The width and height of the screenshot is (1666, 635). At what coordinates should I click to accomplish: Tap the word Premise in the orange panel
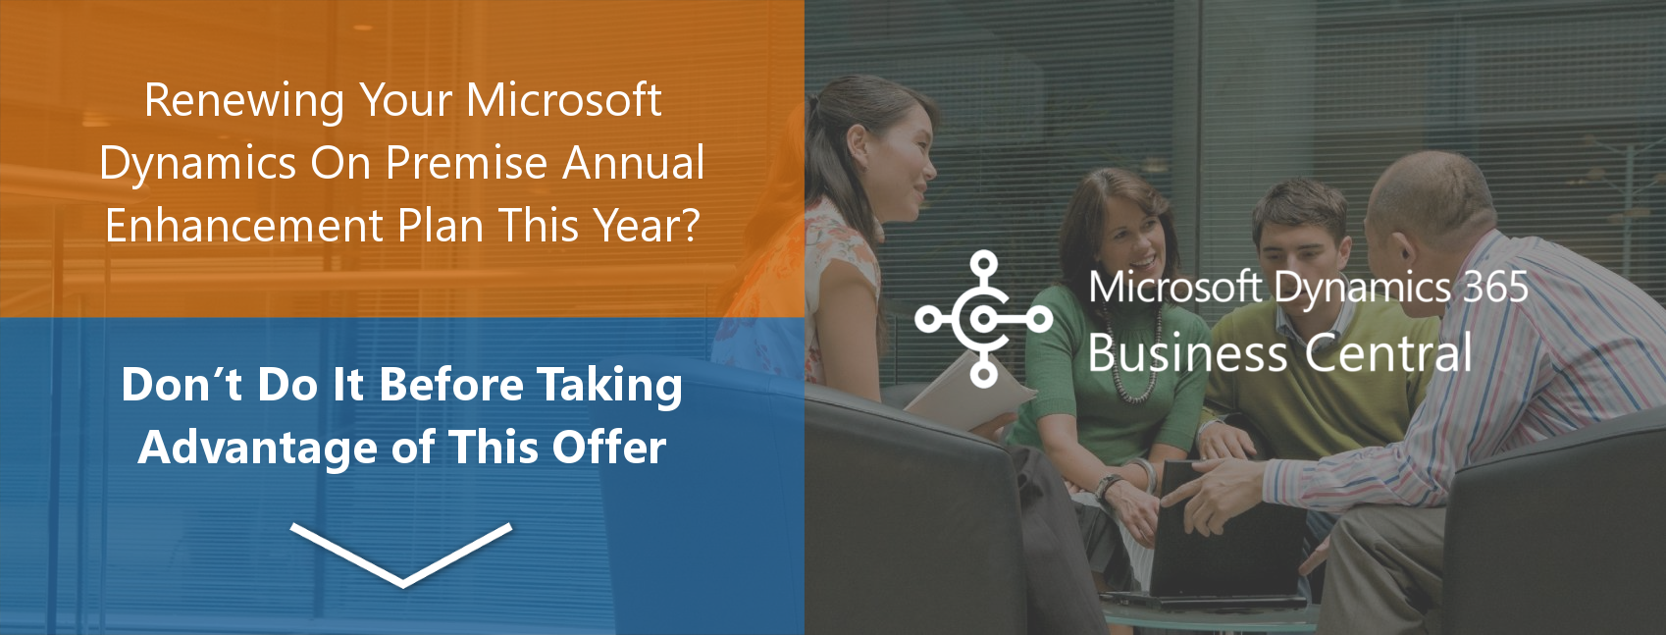pyautogui.click(x=466, y=163)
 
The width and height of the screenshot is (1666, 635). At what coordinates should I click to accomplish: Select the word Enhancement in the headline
pyautogui.click(x=244, y=226)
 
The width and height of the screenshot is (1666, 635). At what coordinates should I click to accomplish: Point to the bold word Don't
pyautogui.click(x=182, y=385)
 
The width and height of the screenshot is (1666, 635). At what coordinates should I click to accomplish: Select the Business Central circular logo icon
pyautogui.click(x=983, y=319)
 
